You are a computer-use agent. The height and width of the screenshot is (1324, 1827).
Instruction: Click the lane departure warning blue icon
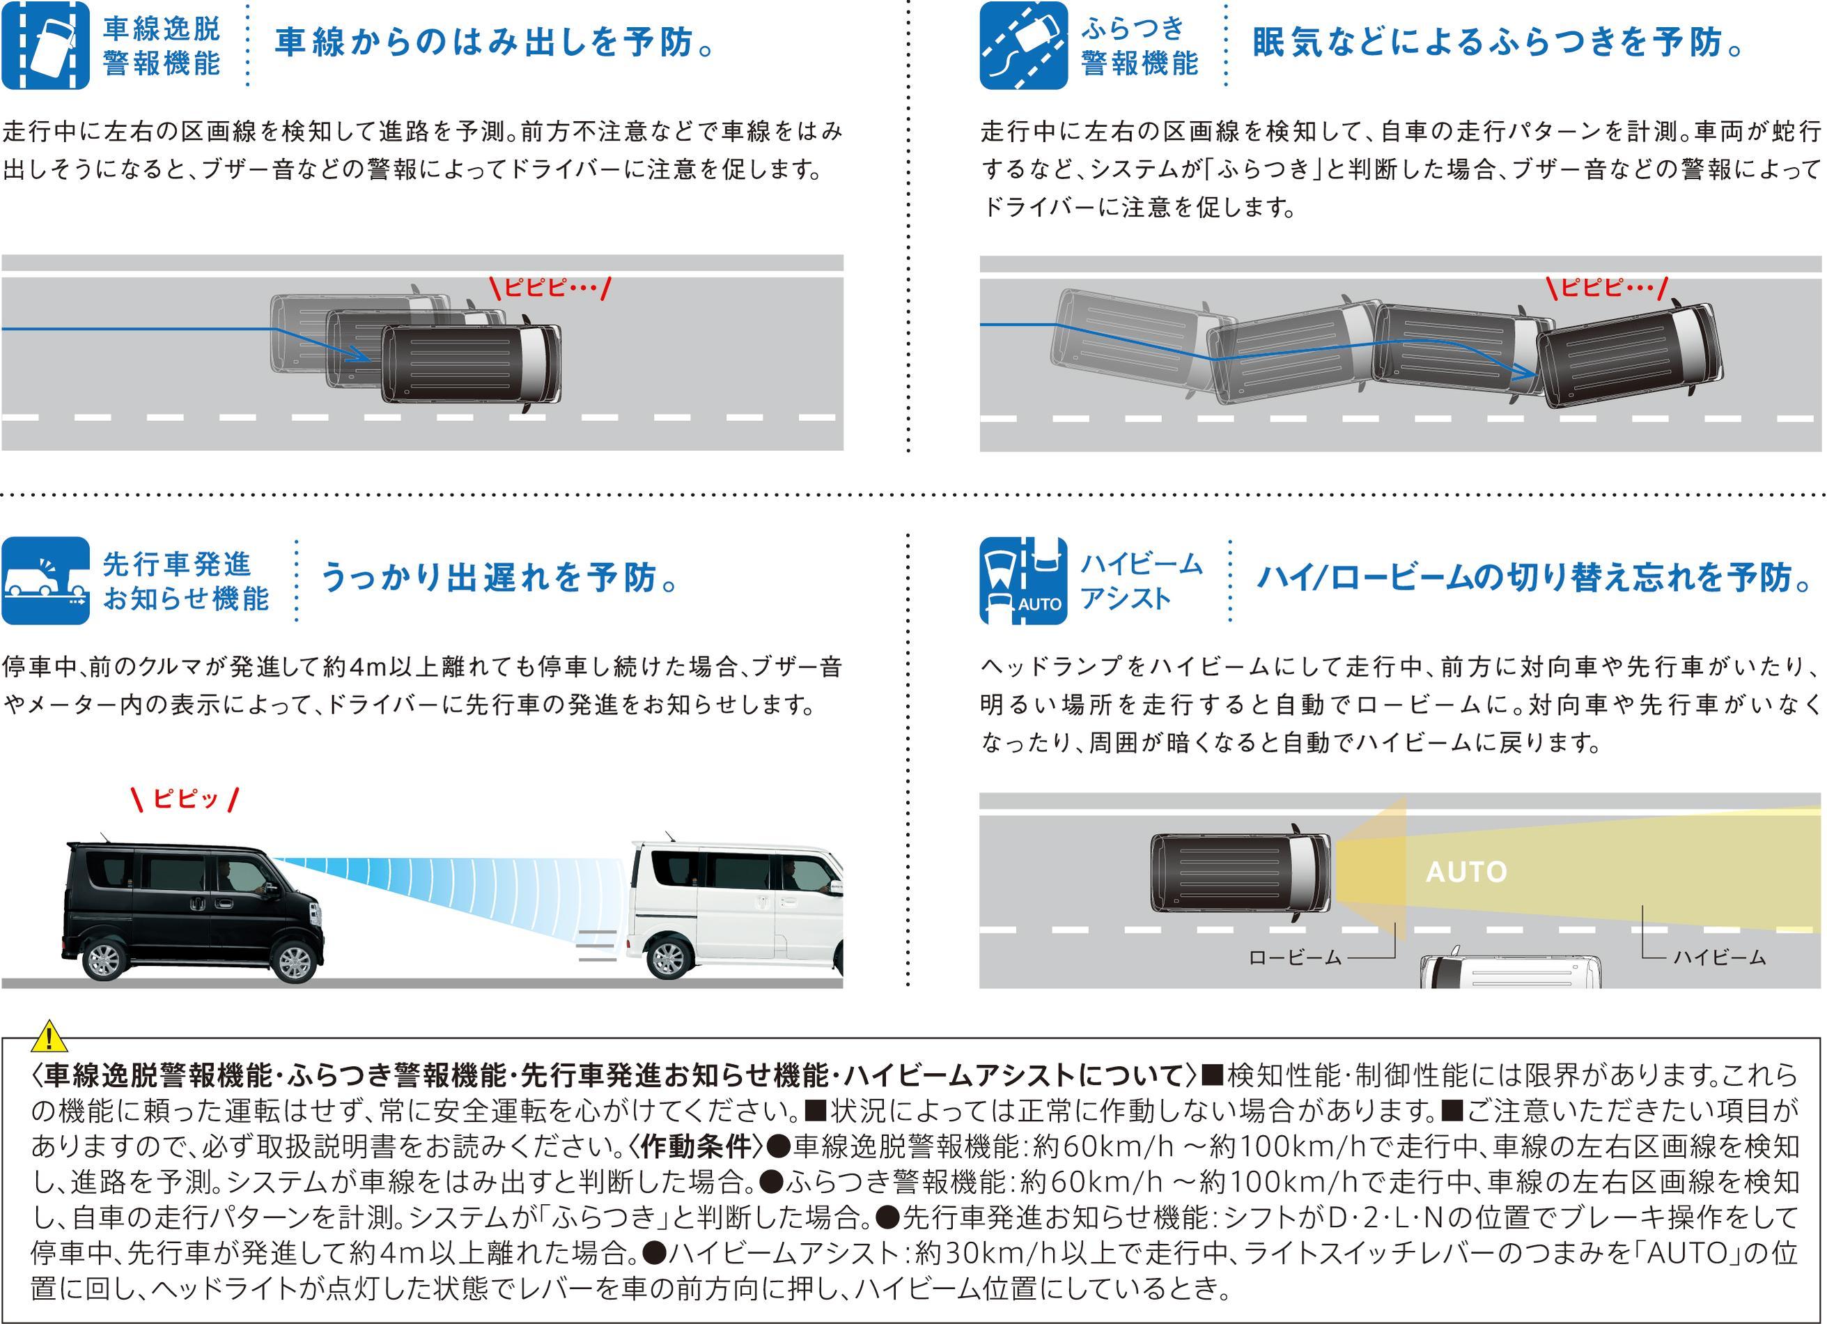coord(46,45)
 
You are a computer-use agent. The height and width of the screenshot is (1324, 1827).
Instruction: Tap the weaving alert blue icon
coord(1023,45)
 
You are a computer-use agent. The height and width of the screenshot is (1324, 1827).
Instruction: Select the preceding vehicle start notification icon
coord(46,580)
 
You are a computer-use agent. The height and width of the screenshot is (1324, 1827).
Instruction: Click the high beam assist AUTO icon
coord(1023,580)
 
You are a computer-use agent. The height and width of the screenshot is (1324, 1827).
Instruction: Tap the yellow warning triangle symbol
coord(49,1036)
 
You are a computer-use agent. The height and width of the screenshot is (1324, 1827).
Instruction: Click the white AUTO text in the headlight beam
coord(1466,872)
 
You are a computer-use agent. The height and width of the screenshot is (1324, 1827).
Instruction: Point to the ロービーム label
coord(1296,957)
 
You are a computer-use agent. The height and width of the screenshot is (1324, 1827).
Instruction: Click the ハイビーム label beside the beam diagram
coord(1719,957)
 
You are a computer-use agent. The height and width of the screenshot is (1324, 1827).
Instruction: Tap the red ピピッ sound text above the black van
coord(185,799)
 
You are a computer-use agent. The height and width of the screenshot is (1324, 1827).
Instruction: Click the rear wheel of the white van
coord(669,957)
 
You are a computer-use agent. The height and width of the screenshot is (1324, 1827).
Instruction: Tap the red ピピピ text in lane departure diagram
coord(551,288)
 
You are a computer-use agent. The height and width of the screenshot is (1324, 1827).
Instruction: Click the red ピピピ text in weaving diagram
coord(1608,288)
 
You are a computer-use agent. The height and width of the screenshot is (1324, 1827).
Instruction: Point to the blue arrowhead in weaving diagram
coord(1525,371)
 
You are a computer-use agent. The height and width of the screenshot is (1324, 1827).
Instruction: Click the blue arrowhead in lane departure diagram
coord(359,355)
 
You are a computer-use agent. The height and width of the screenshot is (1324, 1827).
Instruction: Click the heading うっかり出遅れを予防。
coord(499,578)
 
